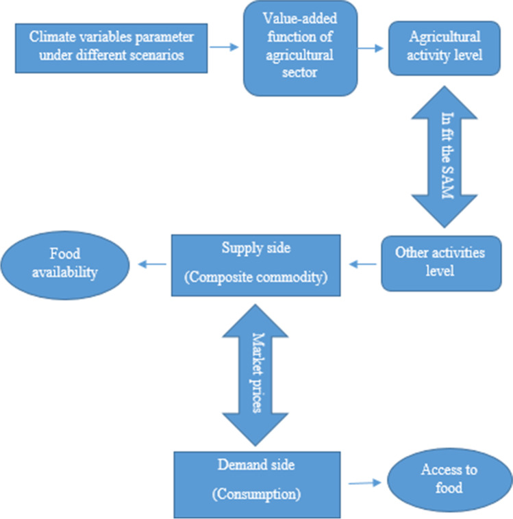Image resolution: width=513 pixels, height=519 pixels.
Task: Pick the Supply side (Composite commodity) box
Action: point(255,265)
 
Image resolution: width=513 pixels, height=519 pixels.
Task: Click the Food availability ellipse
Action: point(66,263)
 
